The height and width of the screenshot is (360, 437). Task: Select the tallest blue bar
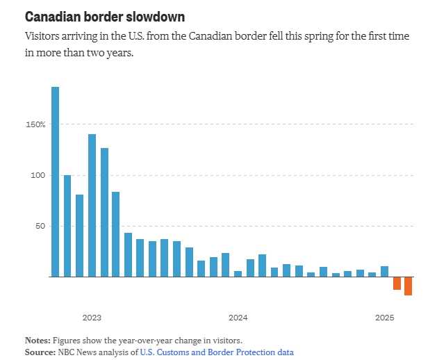(x=55, y=181)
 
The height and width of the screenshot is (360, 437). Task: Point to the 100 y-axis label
(x=38, y=175)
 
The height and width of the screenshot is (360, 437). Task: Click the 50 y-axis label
(x=40, y=226)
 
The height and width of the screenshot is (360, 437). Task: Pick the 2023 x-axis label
(x=92, y=318)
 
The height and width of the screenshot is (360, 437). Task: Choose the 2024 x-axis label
(x=238, y=318)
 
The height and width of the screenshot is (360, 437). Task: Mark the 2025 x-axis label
(x=385, y=318)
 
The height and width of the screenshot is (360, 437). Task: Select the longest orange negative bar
(x=409, y=286)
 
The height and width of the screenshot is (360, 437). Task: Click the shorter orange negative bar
(x=397, y=283)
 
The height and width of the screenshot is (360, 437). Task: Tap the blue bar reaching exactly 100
(x=67, y=226)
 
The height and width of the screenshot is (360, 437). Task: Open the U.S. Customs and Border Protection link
(x=216, y=352)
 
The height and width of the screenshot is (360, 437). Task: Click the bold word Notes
(x=37, y=341)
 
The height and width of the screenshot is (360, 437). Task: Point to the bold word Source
(x=39, y=352)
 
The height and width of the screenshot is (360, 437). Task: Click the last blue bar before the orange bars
(x=384, y=271)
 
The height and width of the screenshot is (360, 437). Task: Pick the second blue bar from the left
(x=67, y=226)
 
